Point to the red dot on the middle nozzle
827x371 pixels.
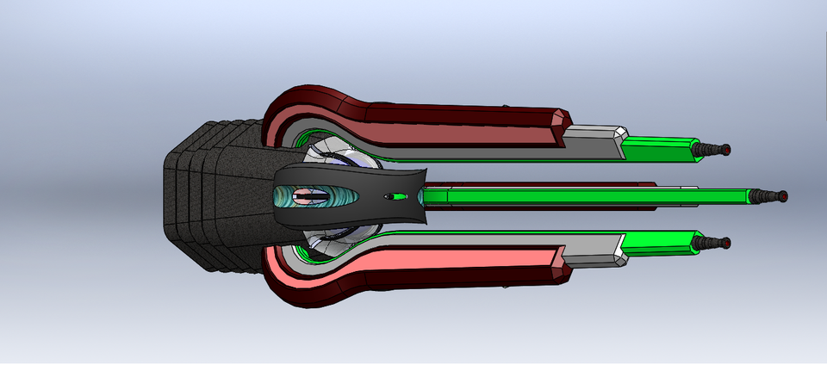pos(782,196)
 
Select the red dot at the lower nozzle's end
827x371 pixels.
pos(727,243)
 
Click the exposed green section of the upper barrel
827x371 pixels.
pos(659,149)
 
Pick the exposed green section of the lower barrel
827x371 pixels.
pos(659,243)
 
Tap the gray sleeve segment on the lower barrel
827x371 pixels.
pos(594,251)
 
